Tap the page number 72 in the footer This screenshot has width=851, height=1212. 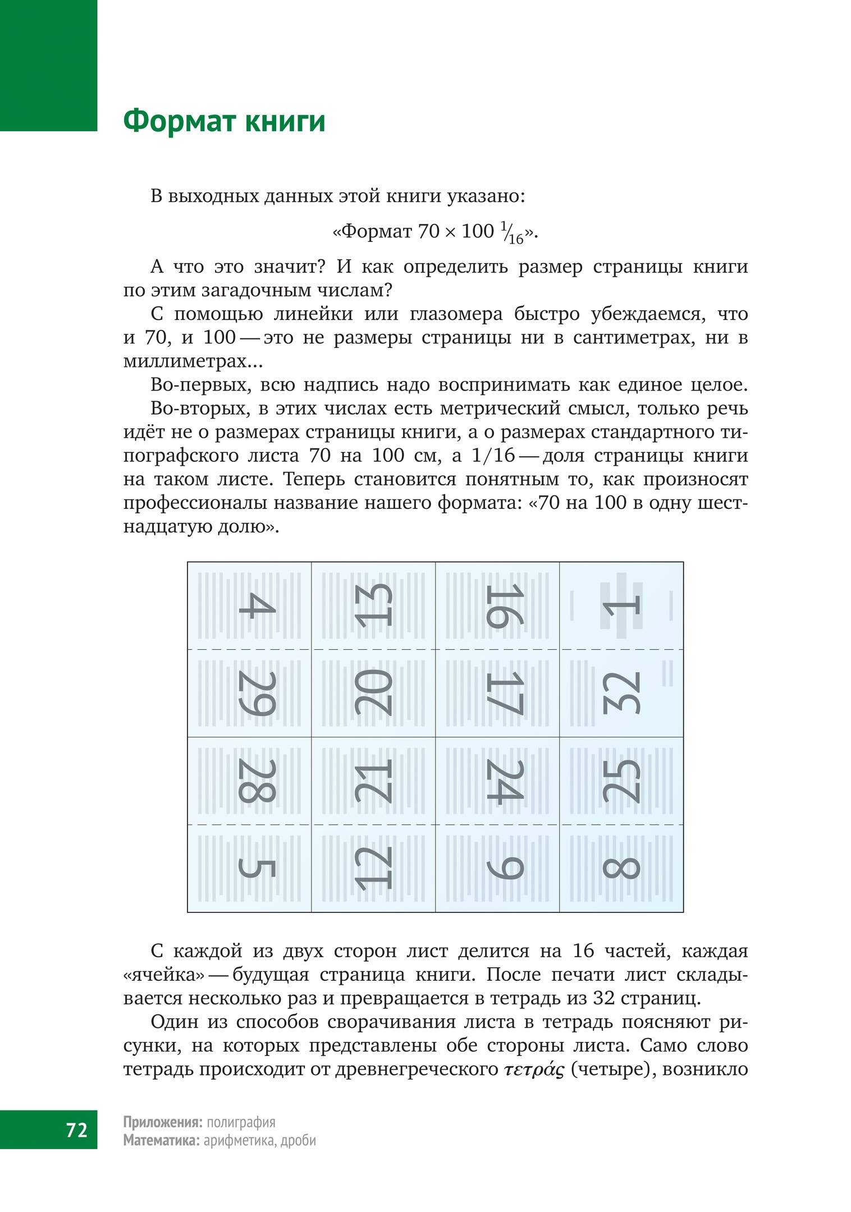pyautogui.click(x=76, y=1129)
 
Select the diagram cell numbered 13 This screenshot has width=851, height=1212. pyautogui.click(x=373, y=606)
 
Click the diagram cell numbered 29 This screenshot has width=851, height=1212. pyautogui.click(x=250, y=694)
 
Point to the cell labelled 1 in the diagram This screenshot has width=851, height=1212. pyautogui.click(x=621, y=606)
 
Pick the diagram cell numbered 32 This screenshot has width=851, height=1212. pyautogui.click(x=621, y=694)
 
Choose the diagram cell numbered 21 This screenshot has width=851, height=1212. pyautogui.click(x=373, y=781)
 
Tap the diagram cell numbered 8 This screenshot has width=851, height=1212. pyautogui.click(x=621, y=869)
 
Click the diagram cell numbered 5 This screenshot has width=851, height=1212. pyautogui.click(x=250, y=869)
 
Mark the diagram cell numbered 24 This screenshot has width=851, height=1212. pyautogui.click(x=497, y=781)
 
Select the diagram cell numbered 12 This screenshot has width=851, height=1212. pyautogui.click(x=373, y=869)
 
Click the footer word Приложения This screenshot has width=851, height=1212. pyautogui.click(x=162, y=1122)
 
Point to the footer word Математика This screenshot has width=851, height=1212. pyautogui.click(x=161, y=1140)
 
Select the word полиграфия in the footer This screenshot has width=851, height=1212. pyautogui.click(x=241, y=1122)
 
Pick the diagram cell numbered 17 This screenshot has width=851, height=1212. pyautogui.click(x=497, y=694)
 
